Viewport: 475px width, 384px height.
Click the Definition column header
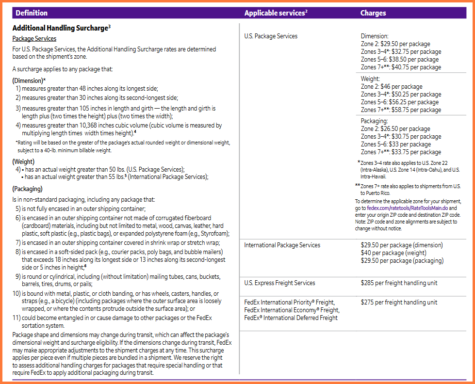click(32, 13)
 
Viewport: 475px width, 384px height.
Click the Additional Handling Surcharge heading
click(60, 29)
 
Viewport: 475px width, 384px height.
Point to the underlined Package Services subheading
click(34, 39)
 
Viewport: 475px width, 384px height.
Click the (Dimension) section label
click(29, 80)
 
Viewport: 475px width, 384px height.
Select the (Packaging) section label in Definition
click(27, 189)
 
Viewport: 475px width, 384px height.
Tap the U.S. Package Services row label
click(271, 36)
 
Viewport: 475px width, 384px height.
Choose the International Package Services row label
click(282, 245)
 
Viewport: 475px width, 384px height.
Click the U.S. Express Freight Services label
click(279, 283)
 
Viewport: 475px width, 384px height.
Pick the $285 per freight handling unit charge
click(399, 283)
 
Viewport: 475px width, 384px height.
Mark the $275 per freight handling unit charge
click(399, 303)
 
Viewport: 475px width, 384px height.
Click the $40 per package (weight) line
click(393, 253)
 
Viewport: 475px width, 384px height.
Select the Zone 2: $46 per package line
click(392, 87)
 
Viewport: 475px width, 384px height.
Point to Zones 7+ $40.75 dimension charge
click(401, 67)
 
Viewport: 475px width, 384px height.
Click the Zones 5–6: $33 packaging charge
click(395, 144)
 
